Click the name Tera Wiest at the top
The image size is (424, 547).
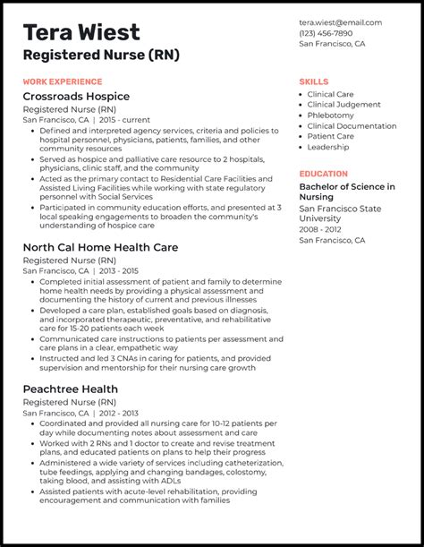click(82, 32)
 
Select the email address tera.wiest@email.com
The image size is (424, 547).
click(341, 22)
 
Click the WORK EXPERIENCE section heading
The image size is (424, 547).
click(63, 81)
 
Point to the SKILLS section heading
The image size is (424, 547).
click(314, 81)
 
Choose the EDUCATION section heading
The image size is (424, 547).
click(324, 174)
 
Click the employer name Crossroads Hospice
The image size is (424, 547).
click(76, 97)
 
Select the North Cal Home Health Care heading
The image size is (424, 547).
click(100, 247)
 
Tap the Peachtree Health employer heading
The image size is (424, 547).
click(71, 389)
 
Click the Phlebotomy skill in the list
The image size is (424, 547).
click(331, 115)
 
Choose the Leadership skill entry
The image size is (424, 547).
click(328, 148)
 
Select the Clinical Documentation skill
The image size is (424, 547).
click(352, 126)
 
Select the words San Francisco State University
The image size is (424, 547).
click(340, 213)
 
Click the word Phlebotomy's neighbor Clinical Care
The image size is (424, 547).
click(331, 94)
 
